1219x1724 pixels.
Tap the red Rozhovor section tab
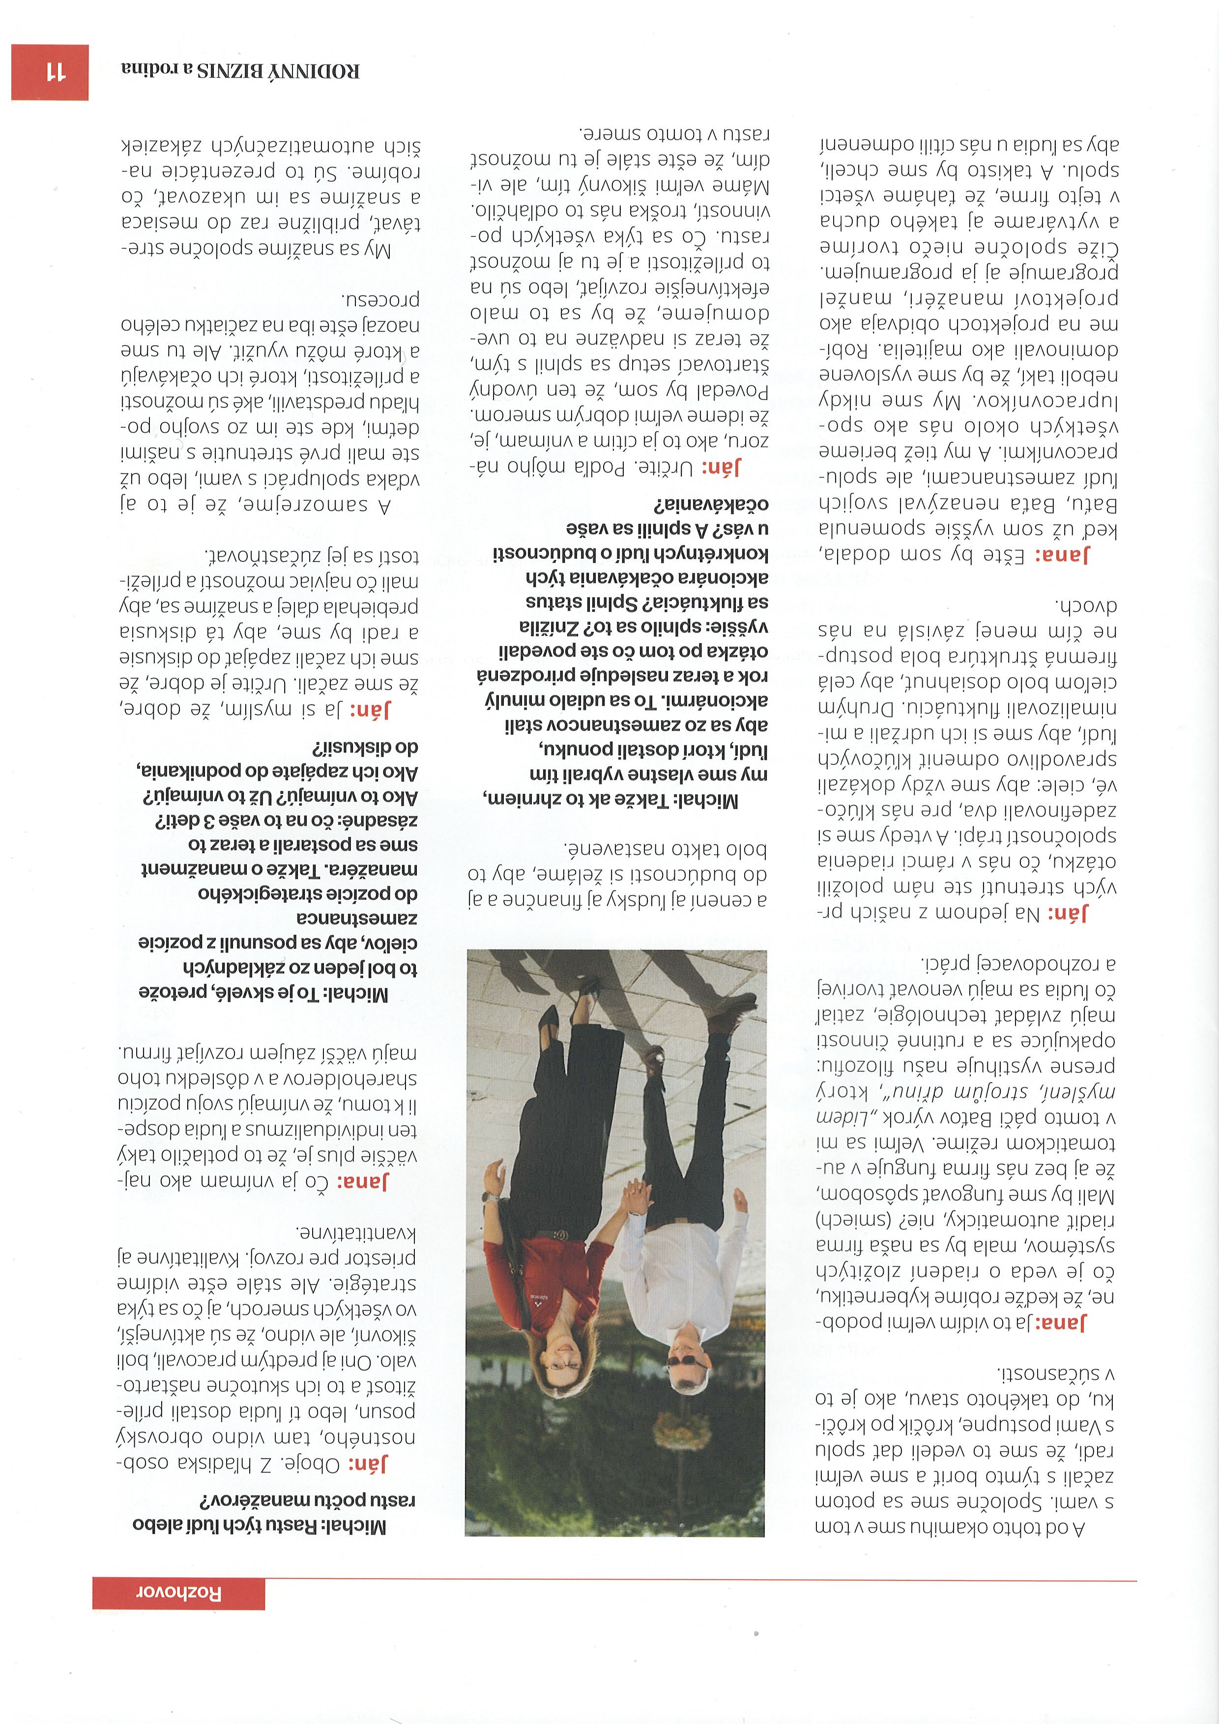pyautogui.click(x=179, y=1593)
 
